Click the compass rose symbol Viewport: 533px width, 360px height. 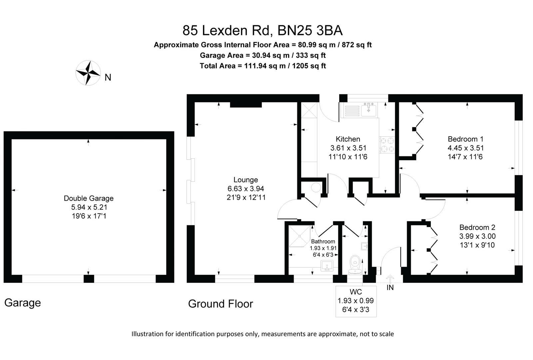[88, 72]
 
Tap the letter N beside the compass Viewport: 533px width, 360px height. [108, 78]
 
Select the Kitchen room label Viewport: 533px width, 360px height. [348, 139]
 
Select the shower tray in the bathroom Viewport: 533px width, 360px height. [299, 236]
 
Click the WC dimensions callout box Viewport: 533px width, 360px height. [356, 301]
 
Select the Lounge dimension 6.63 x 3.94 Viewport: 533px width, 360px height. [246, 189]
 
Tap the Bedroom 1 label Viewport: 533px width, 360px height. [465, 139]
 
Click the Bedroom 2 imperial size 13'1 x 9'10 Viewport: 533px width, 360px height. [477, 245]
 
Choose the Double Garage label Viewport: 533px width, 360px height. [89, 198]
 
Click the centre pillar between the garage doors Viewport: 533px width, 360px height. [89, 279]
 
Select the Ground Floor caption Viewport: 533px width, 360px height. [221, 304]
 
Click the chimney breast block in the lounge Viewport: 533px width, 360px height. [246, 105]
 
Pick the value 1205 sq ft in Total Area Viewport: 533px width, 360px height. [309, 66]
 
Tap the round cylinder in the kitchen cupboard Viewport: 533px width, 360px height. [315, 188]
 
